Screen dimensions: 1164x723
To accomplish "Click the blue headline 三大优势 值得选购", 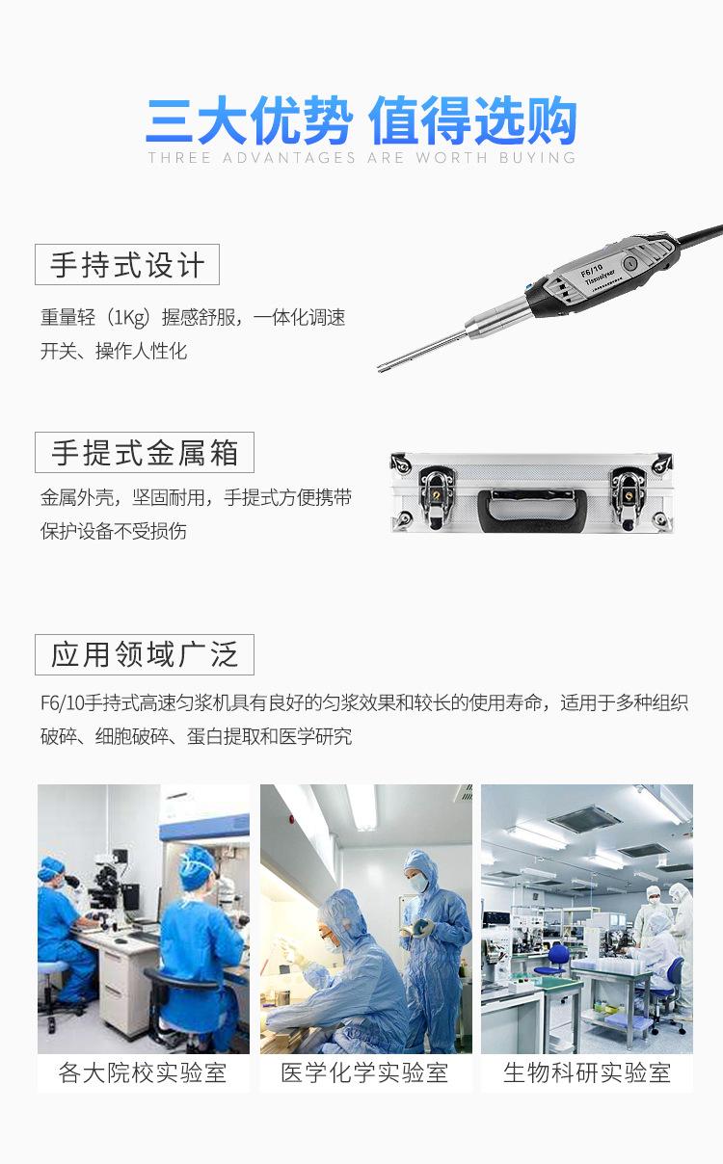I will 361,121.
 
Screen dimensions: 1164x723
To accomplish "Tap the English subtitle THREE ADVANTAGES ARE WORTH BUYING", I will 361,157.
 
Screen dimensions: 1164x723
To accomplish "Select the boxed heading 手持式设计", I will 127,265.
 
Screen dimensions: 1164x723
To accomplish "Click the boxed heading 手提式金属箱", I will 145,452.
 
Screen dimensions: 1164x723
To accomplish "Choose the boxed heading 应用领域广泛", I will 145,654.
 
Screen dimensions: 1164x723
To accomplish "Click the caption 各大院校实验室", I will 143,1072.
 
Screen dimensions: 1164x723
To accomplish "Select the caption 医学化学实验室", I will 365,1072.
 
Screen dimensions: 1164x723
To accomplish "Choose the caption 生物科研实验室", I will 587,1072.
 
